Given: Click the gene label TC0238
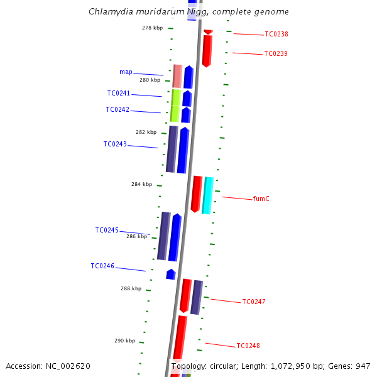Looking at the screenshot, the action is tap(276, 34).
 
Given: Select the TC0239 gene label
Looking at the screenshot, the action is tap(276, 53).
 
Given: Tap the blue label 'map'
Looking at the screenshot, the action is tap(126, 72).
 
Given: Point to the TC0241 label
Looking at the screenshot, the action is tap(118, 93).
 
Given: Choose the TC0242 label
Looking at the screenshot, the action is tap(117, 109).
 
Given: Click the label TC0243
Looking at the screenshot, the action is tap(115, 144).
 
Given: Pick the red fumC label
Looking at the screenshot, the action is tap(261, 199).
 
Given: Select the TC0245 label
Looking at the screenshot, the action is tap(107, 230).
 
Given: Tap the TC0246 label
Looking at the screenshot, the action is tap(102, 266).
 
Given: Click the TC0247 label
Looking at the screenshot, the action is tap(254, 302).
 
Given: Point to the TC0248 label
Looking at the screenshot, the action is tap(248, 346).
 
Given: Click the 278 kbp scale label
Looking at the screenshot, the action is tap(152, 28).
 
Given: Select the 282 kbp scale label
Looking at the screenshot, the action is tap(146, 132).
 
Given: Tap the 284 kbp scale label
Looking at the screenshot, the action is tap(141, 184).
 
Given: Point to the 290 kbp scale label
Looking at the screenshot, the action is tap(124, 341).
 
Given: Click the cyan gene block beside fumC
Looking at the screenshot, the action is tap(207, 195).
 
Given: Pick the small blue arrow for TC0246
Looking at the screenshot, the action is tap(170, 274).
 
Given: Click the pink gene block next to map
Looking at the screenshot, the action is tap(177, 76).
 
